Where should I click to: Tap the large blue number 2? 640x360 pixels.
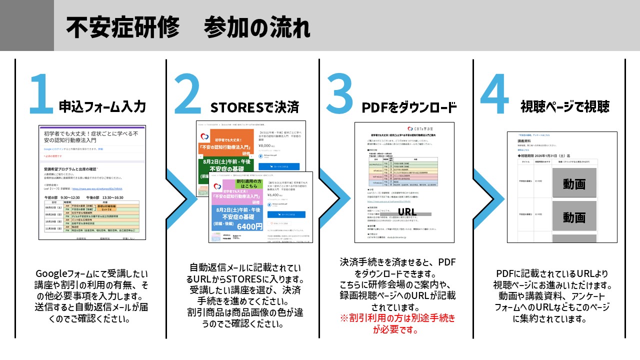point(187,94)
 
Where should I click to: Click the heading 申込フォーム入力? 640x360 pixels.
point(102,106)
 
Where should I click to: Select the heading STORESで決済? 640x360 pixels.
point(254,107)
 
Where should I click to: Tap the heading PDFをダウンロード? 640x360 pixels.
point(409,107)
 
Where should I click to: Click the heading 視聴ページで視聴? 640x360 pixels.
point(565,106)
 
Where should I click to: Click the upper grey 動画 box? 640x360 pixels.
point(573,183)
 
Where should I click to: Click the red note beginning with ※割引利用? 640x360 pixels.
point(397,323)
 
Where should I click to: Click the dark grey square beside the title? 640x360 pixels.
point(26,25)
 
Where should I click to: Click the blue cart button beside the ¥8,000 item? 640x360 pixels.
point(278,166)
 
